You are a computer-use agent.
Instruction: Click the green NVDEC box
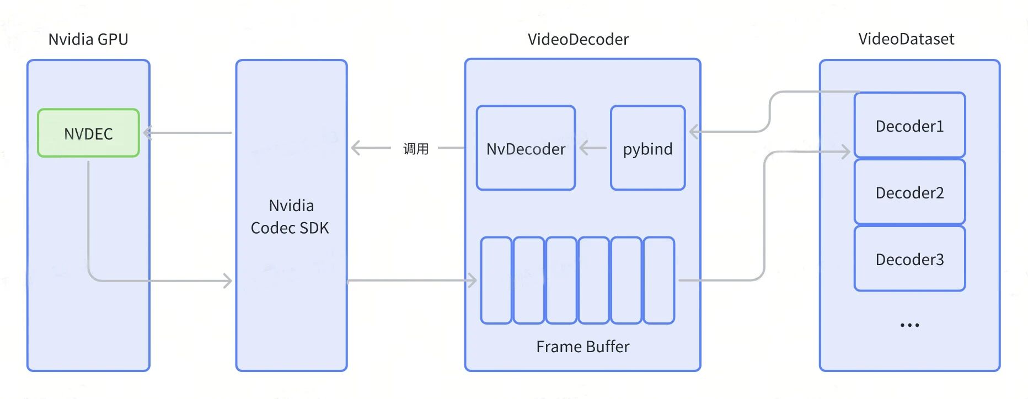pos(88,133)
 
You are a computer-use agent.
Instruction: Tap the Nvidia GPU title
pos(88,39)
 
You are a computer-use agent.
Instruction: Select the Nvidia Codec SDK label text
pos(291,217)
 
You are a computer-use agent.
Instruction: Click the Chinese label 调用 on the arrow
pos(416,149)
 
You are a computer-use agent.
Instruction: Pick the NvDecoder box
pos(526,148)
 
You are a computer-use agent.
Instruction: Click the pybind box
pos(647,148)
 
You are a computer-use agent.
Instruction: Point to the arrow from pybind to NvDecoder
pos(593,148)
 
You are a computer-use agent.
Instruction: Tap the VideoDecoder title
pos(578,39)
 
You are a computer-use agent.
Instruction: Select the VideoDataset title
pos(906,39)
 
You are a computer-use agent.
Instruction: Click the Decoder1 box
pos(909,126)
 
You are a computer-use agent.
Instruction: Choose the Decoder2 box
pos(909,192)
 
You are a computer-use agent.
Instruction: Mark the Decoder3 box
pos(909,259)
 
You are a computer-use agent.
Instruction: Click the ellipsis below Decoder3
pos(909,325)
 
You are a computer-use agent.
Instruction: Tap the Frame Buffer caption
pos(582,347)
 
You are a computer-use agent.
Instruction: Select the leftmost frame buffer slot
pos(496,280)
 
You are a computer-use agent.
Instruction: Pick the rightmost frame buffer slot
pos(659,280)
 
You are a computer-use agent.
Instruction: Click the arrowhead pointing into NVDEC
pos(147,133)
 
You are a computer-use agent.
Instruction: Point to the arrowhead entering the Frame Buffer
pos(473,281)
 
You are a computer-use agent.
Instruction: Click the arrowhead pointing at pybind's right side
pos(694,132)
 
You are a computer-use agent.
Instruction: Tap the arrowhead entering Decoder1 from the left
pos(846,152)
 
